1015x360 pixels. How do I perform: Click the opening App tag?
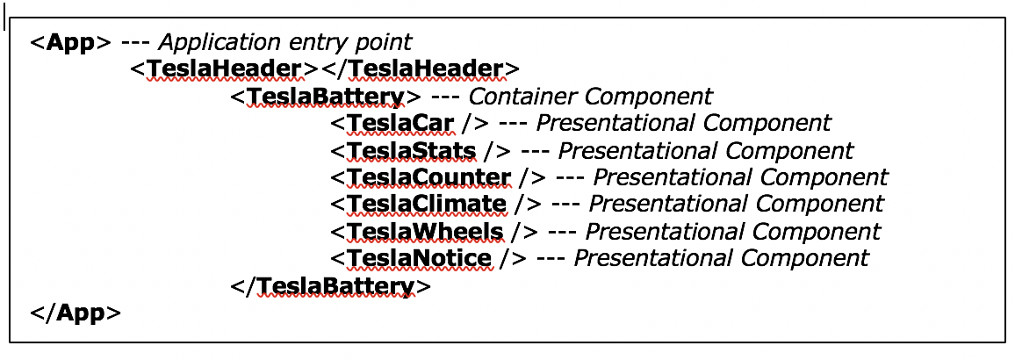coord(70,41)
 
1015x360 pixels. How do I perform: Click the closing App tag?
coord(76,313)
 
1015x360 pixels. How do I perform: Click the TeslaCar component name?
coord(400,123)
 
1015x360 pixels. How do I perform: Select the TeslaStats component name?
coord(411,150)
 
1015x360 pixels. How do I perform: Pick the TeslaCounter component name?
coord(428,177)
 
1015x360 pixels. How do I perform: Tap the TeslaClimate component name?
coord(427,205)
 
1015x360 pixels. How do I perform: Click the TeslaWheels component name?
coord(425,232)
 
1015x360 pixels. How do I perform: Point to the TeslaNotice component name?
coord(419,258)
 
